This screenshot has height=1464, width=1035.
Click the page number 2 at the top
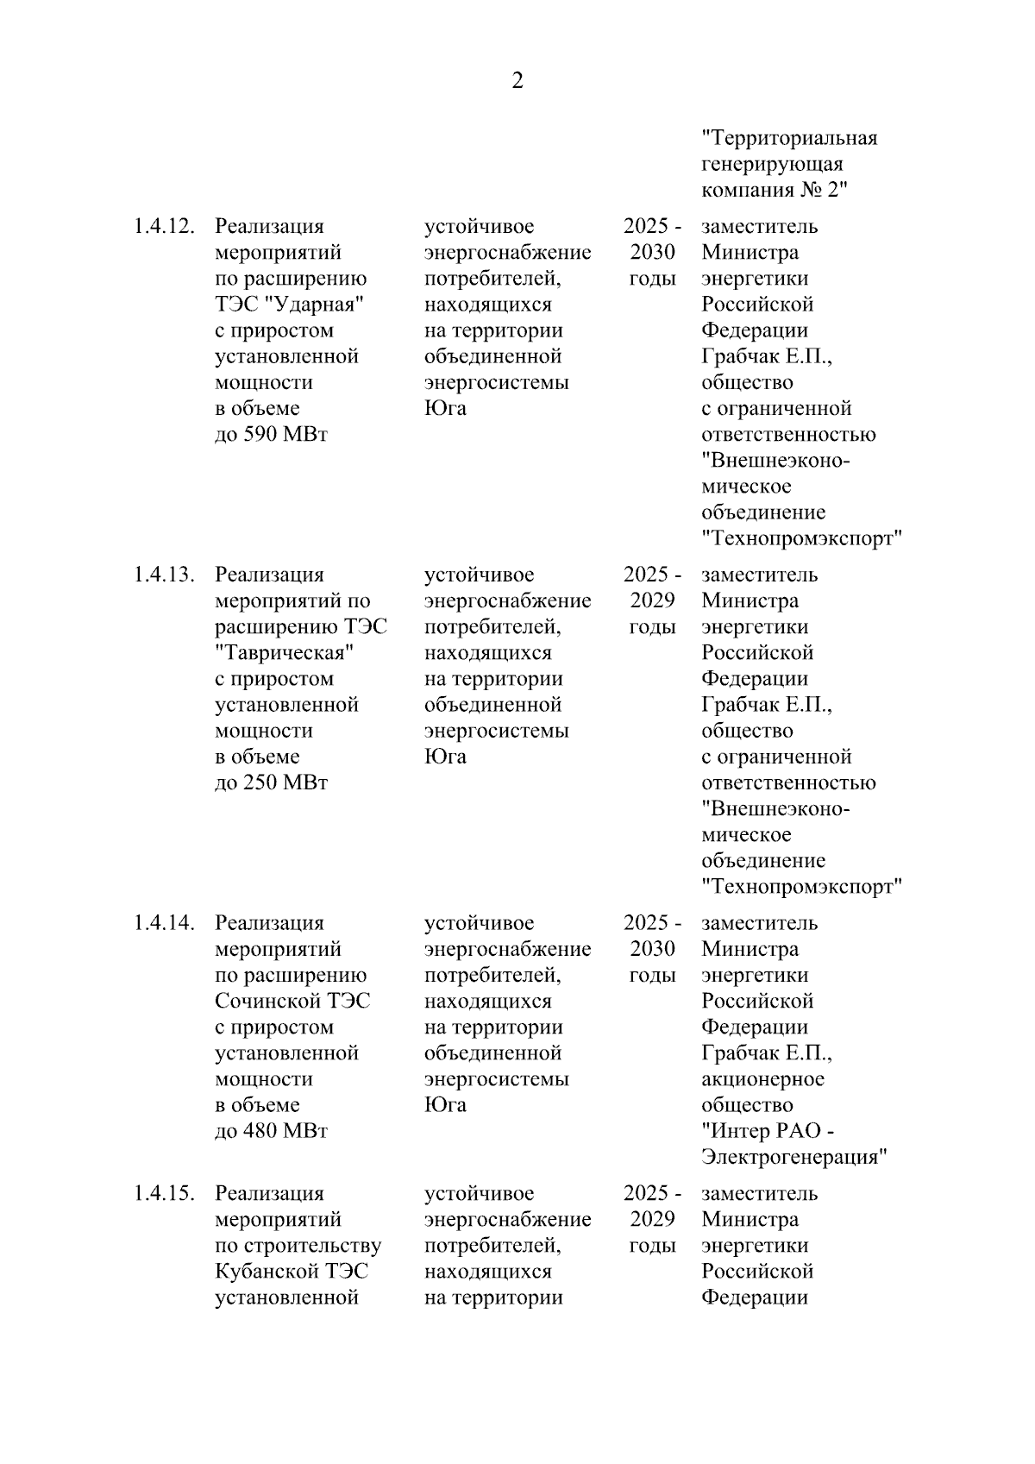pyautogui.click(x=517, y=81)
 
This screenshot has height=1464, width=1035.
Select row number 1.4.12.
pyautogui.click(x=164, y=227)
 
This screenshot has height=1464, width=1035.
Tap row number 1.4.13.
pyautogui.click(x=164, y=575)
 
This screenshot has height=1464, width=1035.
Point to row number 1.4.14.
pyautogui.click(x=164, y=924)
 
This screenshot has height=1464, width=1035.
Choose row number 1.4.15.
pyautogui.click(x=164, y=1195)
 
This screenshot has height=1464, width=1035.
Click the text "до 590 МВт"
pyautogui.click(x=272, y=435)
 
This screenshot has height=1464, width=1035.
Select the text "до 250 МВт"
pyautogui.click(x=272, y=783)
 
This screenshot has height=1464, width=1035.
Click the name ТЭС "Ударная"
pyautogui.click(x=290, y=305)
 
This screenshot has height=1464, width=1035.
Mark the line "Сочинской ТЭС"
pyautogui.click(x=292, y=1002)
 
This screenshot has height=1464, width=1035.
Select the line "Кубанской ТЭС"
pyautogui.click(x=292, y=1272)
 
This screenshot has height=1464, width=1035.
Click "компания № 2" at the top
pyautogui.click(x=775, y=191)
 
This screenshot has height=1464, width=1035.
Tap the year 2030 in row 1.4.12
pyautogui.click(x=652, y=254)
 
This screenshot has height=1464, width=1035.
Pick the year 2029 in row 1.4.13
pyautogui.click(x=652, y=601)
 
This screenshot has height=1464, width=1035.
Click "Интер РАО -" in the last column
pyautogui.click(x=768, y=1132)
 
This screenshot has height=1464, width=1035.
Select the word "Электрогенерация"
pyautogui.click(x=794, y=1158)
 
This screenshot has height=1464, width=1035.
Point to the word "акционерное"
pyautogui.click(x=762, y=1080)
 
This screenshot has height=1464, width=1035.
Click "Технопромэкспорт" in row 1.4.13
pyautogui.click(x=801, y=888)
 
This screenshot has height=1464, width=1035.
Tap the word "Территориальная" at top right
pyautogui.click(x=789, y=139)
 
